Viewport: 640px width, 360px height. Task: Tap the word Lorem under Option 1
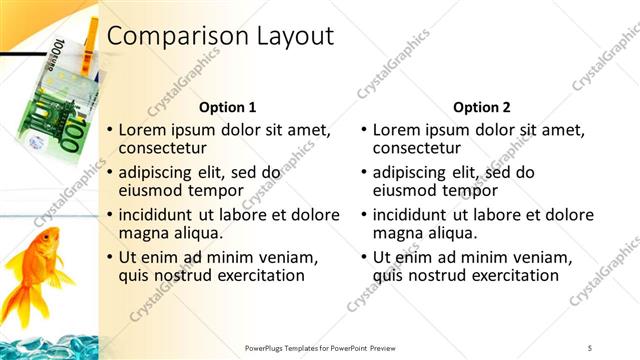pos(144,130)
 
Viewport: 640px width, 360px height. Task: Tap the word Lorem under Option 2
pos(398,130)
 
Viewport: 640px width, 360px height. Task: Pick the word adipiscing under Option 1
pos(164,172)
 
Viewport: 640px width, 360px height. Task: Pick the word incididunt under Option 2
pos(417,215)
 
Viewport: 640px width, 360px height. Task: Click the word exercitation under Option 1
pos(254,276)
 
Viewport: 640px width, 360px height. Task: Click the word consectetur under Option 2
pos(423,149)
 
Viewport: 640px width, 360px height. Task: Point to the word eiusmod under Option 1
pos(152,191)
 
